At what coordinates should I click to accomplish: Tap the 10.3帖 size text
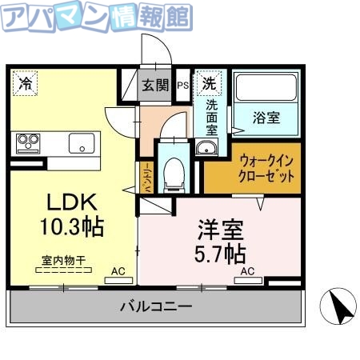click(72, 226)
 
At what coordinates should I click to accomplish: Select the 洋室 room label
click(219, 231)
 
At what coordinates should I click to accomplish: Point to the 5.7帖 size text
click(221, 254)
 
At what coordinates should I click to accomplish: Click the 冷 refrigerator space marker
click(26, 82)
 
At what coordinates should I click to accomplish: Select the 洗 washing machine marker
click(208, 82)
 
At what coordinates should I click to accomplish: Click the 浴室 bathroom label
click(266, 118)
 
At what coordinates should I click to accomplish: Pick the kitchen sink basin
click(82, 144)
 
